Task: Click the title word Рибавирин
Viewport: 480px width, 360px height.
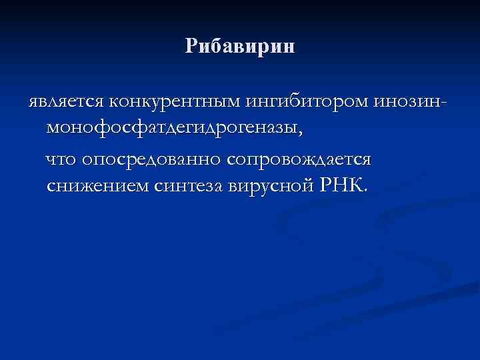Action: pyautogui.click(x=240, y=47)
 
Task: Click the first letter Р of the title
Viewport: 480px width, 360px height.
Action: pyautogui.click(x=192, y=47)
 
